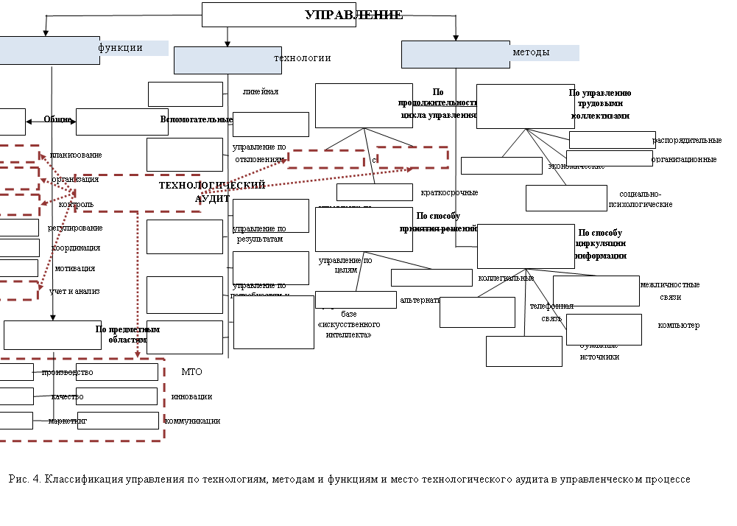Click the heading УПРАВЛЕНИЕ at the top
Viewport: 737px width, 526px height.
[x=353, y=15]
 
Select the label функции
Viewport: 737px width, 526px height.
[x=120, y=48]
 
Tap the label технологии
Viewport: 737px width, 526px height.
[x=302, y=58]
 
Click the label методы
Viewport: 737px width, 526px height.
[x=531, y=52]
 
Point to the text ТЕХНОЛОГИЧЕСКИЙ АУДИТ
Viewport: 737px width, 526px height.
[x=212, y=192]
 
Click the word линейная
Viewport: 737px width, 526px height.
[x=261, y=92]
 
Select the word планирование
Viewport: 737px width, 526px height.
[x=76, y=155]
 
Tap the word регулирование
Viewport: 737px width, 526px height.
[x=75, y=228]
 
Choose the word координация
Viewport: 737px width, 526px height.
[x=76, y=248]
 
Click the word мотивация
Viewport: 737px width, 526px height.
[x=74, y=269]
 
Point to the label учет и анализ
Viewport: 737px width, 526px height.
[x=74, y=292]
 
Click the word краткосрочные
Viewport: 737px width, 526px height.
[x=449, y=193]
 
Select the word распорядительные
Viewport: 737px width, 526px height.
[x=687, y=141]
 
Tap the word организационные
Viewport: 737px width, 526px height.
[x=684, y=159]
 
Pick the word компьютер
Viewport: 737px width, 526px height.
[x=678, y=326]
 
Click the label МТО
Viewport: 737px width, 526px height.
[x=191, y=372]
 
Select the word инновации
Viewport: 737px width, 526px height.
[x=191, y=396]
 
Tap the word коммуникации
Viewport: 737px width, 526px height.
[x=192, y=421]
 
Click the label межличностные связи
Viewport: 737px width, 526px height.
[x=670, y=290]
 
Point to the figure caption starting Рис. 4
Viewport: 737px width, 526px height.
[x=350, y=480]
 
